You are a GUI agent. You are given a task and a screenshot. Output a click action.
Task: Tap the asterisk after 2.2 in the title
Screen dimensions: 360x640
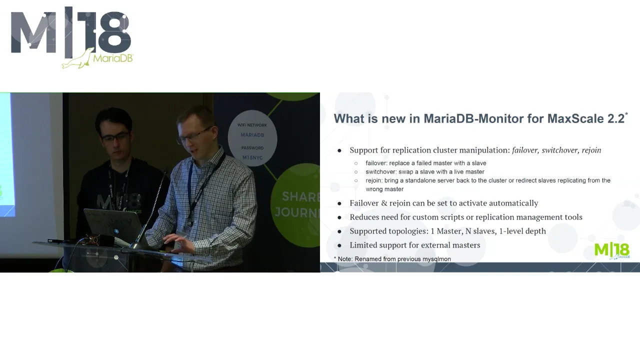(626, 115)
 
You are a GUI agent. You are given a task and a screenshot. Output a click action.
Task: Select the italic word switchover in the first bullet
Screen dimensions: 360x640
(559, 150)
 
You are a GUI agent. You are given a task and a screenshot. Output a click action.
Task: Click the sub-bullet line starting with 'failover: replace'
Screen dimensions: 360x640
(425, 163)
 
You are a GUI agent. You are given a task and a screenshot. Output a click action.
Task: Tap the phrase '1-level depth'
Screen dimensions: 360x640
(522, 231)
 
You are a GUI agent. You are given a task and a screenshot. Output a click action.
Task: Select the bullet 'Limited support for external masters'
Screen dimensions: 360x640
(414, 245)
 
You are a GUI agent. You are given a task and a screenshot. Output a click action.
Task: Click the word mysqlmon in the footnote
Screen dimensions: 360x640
(436, 259)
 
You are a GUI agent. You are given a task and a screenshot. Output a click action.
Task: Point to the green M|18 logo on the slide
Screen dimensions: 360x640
(611, 250)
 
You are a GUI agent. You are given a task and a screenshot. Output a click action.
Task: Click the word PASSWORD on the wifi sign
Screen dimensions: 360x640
(252, 148)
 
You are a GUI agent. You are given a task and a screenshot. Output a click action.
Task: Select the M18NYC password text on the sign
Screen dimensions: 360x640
(252, 157)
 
